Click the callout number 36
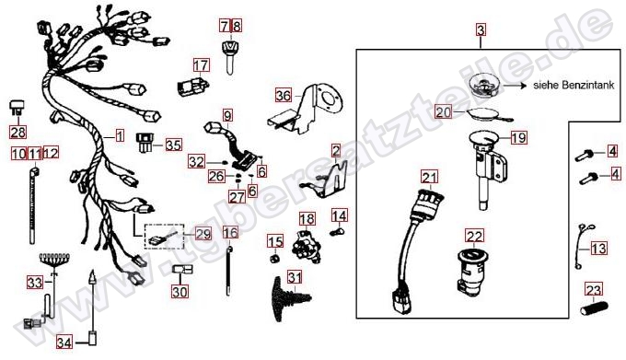point(284,96)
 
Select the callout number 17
point(202,65)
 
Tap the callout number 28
point(18,132)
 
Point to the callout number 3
point(481,30)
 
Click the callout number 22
point(474,237)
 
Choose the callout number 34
point(64,343)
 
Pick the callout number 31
point(295,277)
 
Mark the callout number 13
point(598,249)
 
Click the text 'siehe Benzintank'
point(574,85)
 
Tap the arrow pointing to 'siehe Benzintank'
point(515,86)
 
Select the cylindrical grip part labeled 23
point(594,308)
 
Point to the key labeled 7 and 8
point(229,58)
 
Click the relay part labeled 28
point(17,108)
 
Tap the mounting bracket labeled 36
point(305,109)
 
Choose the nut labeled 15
point(273,259)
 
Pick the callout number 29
point(203,234)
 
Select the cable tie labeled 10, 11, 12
point(33,206)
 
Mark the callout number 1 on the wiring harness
point(120,136)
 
